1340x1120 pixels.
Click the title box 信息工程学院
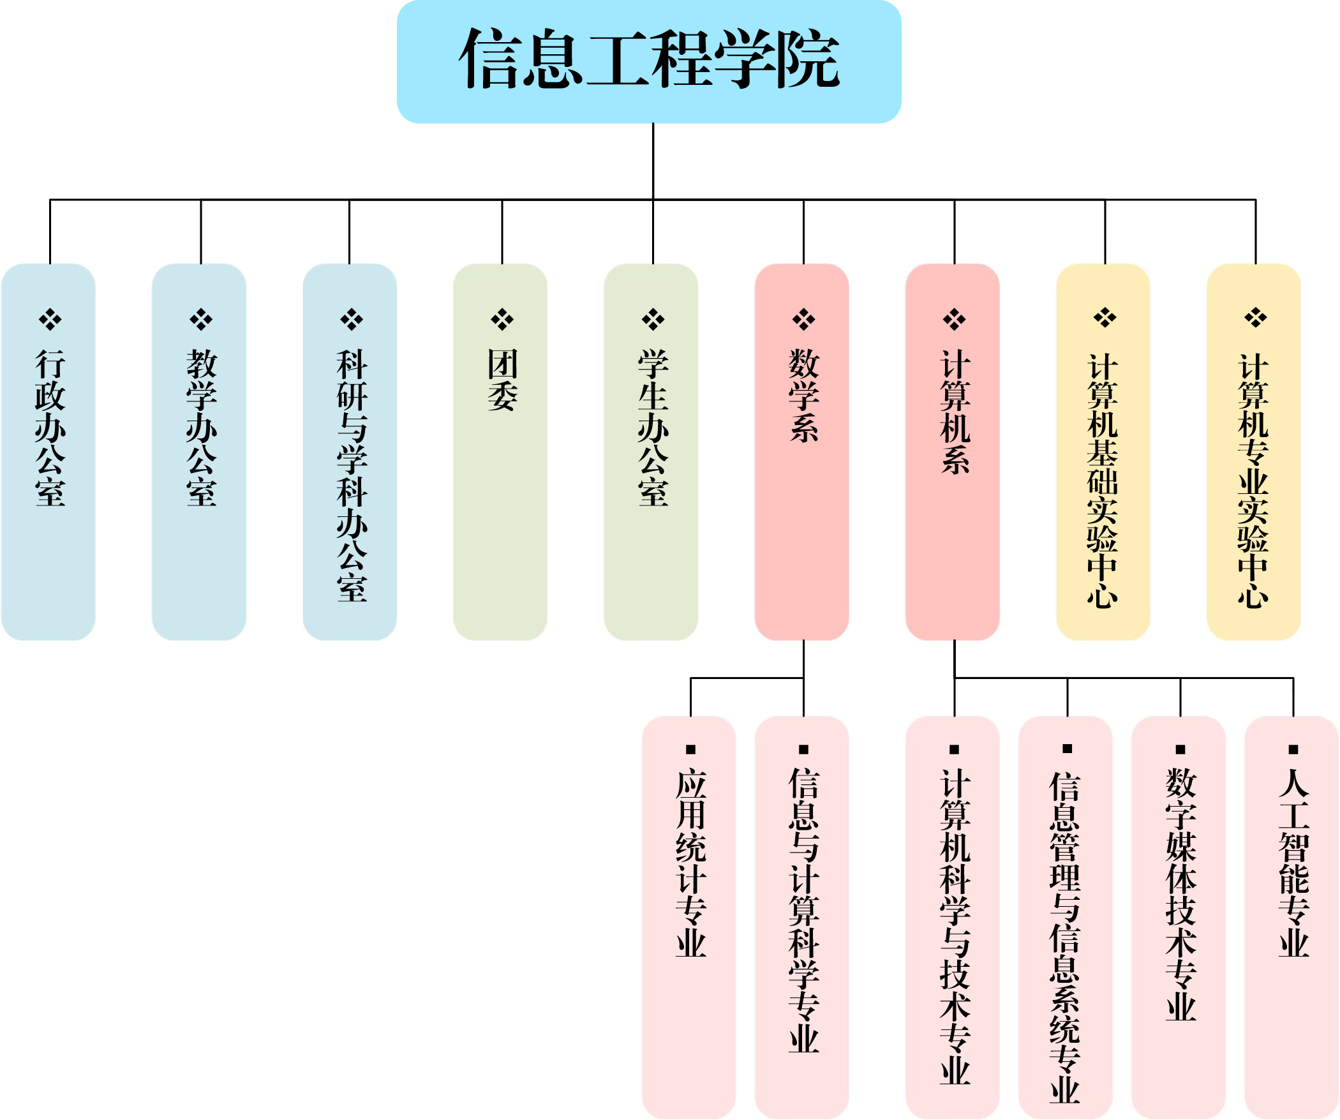pos(648,61)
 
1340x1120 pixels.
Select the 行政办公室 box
pos(48,452)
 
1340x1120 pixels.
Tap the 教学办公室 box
pos(199,452)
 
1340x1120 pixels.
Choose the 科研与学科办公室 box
pos(350,452)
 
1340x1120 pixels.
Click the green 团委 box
pos(500,452)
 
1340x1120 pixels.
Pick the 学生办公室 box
pos(651,452)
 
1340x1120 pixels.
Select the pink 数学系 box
pos(801,452)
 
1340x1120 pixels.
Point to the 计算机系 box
pos(952,452)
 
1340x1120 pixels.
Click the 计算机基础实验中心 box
pos(1103,452)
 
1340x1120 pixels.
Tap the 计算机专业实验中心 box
pos(1253,452)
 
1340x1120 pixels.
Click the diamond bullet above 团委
pos(502,319)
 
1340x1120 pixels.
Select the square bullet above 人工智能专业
pos(1293,749)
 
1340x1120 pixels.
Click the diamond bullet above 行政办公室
pos(50,319)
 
